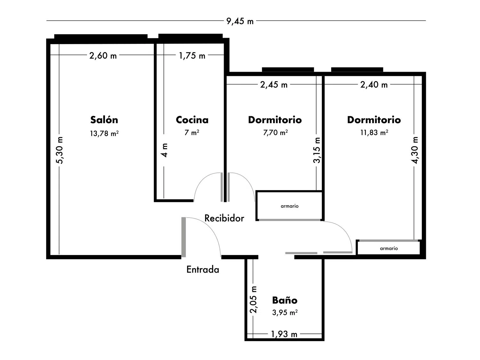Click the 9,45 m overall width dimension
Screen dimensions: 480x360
point(240,21)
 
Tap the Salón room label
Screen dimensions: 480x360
point(104,120)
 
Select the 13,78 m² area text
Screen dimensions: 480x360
point(104,133)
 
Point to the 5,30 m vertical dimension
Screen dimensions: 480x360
point(60,150)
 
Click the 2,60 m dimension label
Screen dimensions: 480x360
point(103,56)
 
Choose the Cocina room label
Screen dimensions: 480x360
point(192,120)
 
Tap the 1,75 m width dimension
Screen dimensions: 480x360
point(192,56)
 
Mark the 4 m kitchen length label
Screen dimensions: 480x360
point(164,150)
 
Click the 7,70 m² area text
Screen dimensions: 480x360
point(275,132)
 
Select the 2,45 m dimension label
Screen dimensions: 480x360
point(274,84)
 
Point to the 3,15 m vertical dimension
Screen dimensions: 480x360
point(317,150)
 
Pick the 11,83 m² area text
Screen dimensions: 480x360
point(374,132)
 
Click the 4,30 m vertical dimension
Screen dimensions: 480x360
point(415,150)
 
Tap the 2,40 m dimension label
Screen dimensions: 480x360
point(374,84)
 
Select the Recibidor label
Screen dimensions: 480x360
point(224,218)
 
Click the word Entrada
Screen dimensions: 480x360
point(203,269)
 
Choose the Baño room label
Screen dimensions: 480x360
point(285,300)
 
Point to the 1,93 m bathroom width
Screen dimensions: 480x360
point(284,334)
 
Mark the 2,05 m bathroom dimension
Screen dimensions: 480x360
point(254,300)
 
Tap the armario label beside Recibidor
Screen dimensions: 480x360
point(290,206)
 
